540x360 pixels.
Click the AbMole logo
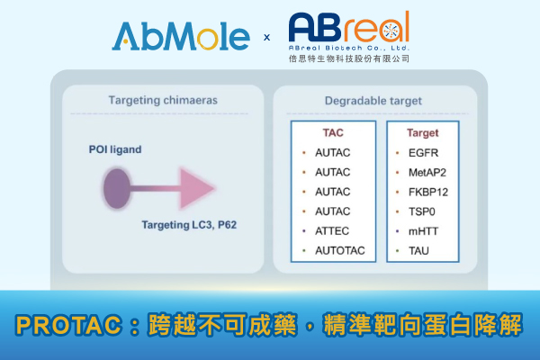pyautogui.click(x=181, y=36)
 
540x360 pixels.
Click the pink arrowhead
pyautogui.click(x=199, y=188)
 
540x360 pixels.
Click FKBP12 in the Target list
pyautogui.click(x=430, y=191)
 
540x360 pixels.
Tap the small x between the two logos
pyautogui.click(x=266, y=38)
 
